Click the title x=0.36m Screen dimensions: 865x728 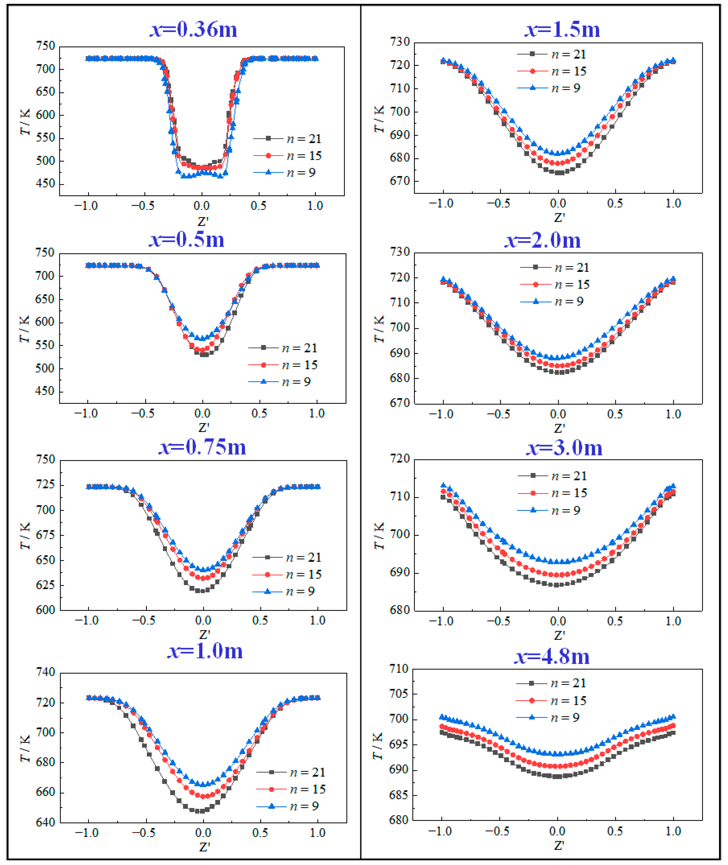(x=193, y=29)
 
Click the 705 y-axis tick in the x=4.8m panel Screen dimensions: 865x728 (x=399, y=694)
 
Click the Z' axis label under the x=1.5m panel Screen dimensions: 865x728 (x=559, y=217)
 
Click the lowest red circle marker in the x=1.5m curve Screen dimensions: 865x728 (x=558, y=163)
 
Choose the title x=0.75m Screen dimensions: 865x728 (x=202, y=447)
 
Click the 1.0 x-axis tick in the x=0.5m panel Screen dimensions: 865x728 (x=317, y=413)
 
